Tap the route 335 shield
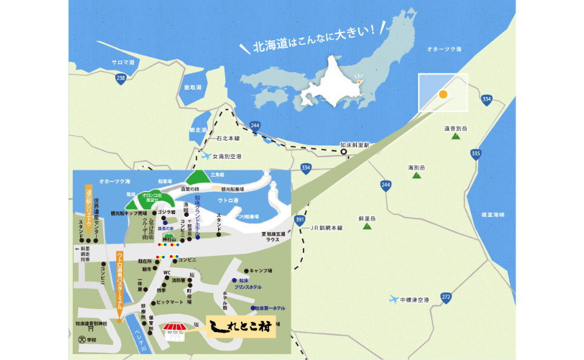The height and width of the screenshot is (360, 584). (476, 153)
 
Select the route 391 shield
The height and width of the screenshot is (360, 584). (299, 219)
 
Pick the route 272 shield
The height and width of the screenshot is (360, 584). (446, 297)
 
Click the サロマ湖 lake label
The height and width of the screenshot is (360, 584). (125, 62)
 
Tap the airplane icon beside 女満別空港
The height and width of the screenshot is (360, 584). (206, 156)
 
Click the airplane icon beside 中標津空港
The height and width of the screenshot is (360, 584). (394, 299)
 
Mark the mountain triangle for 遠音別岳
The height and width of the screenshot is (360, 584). (455, 137)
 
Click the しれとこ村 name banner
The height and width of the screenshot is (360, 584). (240, 328)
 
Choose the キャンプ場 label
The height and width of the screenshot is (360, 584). (261, 270)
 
